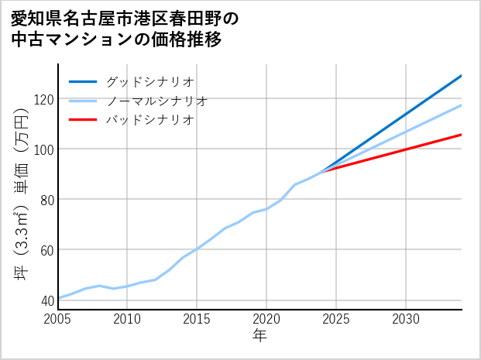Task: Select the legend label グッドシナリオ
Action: (150, 81)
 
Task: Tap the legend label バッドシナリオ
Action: (150, 120)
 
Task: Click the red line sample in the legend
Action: (83, 120)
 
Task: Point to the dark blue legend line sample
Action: (83, 81)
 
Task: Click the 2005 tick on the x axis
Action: (58, 319)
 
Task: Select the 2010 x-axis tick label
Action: (128, 319)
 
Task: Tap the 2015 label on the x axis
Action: (198, 319)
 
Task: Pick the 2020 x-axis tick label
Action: (267, 319)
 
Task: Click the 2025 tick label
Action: (336, 319)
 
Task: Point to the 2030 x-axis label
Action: (406, 319)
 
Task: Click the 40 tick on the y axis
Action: (44, 300)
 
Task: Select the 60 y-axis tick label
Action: (44, 250)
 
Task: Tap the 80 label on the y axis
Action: (44, 200)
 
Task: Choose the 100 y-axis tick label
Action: (41, 149)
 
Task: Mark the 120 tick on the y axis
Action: (41, 99)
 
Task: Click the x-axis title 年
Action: (260, 337)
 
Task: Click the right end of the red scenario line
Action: (461, 135)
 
